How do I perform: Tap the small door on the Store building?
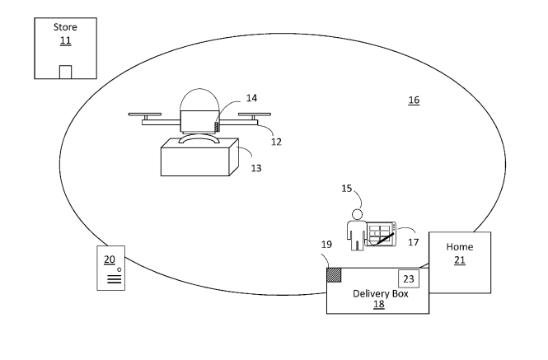coord(65,72)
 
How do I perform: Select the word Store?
coord(65,27)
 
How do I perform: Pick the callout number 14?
coord(252,97)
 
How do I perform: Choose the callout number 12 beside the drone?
coord(276,142)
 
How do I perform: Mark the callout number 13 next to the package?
coord(255,168)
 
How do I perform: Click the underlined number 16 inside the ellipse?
coord(414,100)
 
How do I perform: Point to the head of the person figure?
coord(357,215)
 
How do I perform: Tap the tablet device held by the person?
coord(382,234)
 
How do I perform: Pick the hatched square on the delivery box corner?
coord(334,275)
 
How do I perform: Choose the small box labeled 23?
coord(409,278)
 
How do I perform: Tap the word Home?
coord(459,247)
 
